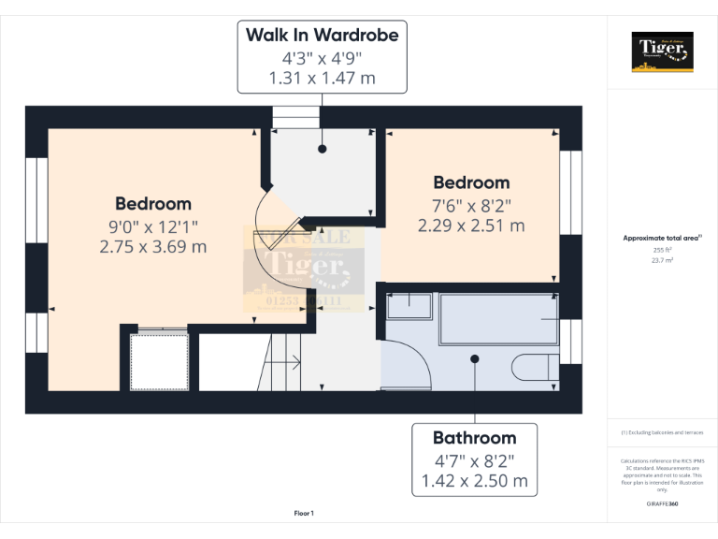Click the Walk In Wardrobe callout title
[322, 36]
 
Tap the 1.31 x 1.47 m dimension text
[322, 79]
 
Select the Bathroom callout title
[474, 438]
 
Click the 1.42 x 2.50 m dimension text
[474, 482]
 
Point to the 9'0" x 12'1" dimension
[153, 226]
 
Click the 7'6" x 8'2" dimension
[470, 204]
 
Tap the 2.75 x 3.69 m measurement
[153, 247]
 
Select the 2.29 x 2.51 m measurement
[470, 226]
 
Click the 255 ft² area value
[662, 250]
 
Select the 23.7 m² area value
[662, 261]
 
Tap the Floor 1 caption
[304, 513]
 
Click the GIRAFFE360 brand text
[662, 504]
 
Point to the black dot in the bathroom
[475, 358]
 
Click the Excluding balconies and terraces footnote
[662, 432]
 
